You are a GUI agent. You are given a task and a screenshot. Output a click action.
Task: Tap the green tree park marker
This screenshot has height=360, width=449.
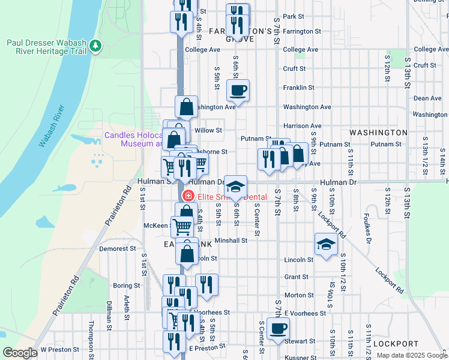94,46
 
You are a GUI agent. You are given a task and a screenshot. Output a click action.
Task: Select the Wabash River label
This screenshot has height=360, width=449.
52,126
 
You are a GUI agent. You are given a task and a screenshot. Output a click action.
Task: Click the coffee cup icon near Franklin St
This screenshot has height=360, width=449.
238,91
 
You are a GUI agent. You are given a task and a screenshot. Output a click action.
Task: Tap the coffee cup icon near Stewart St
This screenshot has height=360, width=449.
278,329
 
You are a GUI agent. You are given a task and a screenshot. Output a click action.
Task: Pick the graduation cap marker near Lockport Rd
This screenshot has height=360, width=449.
326,244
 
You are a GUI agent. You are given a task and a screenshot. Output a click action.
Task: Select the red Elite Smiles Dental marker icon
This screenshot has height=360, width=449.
188,196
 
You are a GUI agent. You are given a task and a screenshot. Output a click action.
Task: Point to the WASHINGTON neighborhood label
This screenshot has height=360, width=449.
378,132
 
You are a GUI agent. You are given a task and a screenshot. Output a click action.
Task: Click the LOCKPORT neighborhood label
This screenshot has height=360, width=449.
395,344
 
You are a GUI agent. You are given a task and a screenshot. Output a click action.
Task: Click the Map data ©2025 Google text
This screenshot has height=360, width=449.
412,355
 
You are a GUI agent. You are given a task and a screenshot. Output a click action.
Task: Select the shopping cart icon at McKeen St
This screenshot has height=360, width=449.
182,227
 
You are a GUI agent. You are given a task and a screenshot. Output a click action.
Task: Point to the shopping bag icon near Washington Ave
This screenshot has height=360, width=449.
187,107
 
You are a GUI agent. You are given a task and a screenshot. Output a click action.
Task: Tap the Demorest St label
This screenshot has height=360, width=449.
114,248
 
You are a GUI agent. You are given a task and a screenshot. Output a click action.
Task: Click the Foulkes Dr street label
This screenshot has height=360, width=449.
367,224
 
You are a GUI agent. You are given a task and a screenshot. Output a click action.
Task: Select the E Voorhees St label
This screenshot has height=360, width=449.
306,313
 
